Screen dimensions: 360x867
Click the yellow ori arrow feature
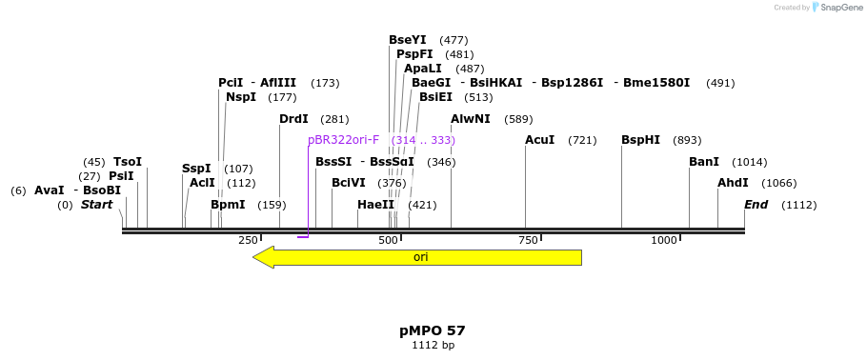point(419,257)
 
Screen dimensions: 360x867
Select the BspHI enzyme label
point(640,140)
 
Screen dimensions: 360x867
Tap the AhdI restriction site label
point(733,183)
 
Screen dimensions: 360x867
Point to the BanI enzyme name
point(704,162)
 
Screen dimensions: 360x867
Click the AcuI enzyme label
point(539,140)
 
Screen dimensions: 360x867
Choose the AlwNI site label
point(471,119)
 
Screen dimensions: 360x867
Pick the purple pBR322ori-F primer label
point(343,140)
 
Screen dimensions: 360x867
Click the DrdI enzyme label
point(293,119)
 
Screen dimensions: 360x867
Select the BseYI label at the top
point(408,40)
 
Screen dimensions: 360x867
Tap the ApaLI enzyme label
point(423,69)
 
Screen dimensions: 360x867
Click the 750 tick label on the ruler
point(529,240)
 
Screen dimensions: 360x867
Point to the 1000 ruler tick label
point(664,240)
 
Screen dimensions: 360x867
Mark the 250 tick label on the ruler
point(248,240)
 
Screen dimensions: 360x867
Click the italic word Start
point(96,205)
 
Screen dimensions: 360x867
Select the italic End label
point(756,205)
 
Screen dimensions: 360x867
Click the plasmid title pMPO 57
point(433,330)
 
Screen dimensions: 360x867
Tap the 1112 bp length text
point(433,345)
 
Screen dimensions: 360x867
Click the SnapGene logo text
point(841,8)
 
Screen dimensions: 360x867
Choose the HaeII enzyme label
point(375,205)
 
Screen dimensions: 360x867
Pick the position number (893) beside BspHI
point(686,140)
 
